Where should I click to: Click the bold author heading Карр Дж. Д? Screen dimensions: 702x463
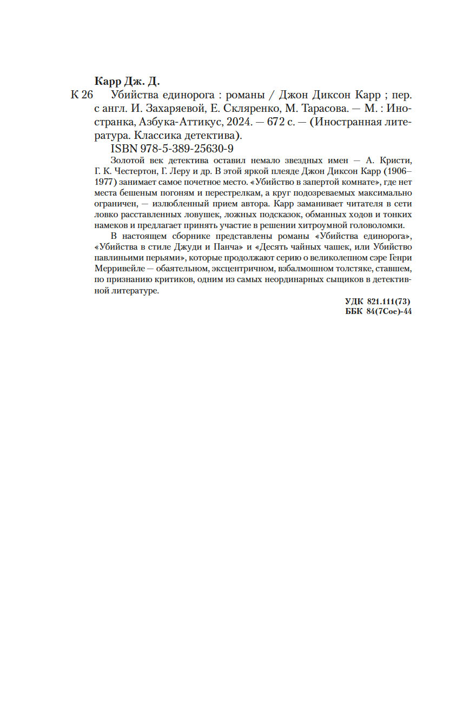128,82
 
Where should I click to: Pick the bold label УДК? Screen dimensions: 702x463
355,303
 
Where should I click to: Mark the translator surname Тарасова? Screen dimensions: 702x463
325,109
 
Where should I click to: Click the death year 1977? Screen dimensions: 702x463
105,182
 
